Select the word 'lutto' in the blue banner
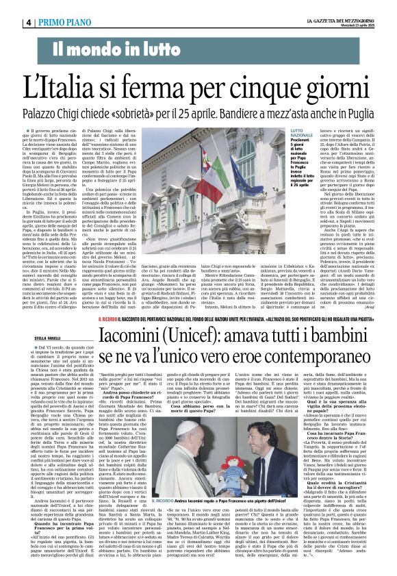point(156,49)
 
